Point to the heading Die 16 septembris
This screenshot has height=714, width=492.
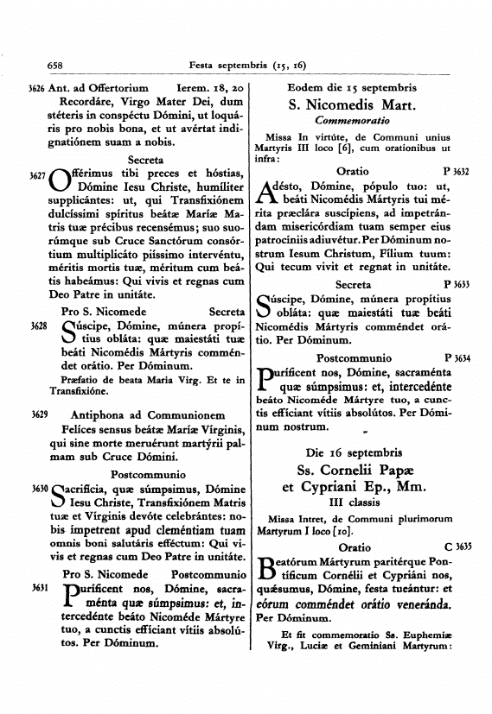point(355,452)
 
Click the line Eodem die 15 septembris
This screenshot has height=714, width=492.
point(355,87)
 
